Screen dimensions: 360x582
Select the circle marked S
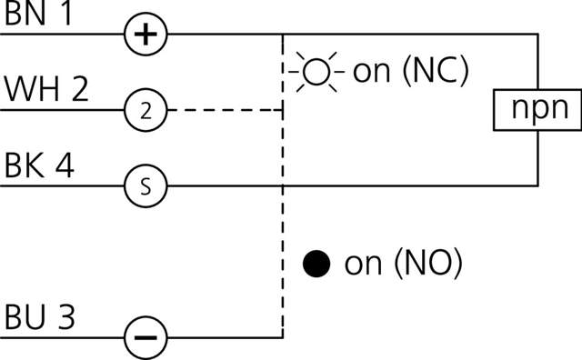point(145,186)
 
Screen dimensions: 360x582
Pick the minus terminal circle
point(145,337)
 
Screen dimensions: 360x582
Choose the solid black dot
point(316,265)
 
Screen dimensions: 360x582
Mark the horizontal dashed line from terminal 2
point(223,110)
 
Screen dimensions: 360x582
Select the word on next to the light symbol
point(370,72)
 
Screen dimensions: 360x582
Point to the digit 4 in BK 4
point(68,166)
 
